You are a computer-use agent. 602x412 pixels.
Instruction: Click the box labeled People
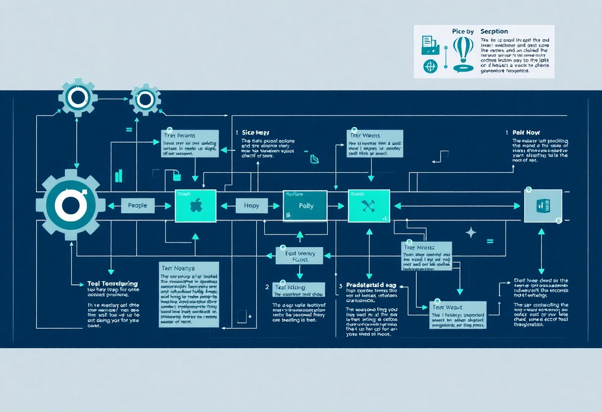138,206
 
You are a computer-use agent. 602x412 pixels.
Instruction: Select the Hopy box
251,206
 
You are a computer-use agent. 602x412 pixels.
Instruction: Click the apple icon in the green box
196,206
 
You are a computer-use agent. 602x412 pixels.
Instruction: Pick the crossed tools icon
369,206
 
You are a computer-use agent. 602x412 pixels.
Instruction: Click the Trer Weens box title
365,135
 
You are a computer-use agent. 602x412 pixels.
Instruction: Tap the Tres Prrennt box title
179,136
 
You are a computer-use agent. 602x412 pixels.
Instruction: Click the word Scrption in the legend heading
494,32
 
